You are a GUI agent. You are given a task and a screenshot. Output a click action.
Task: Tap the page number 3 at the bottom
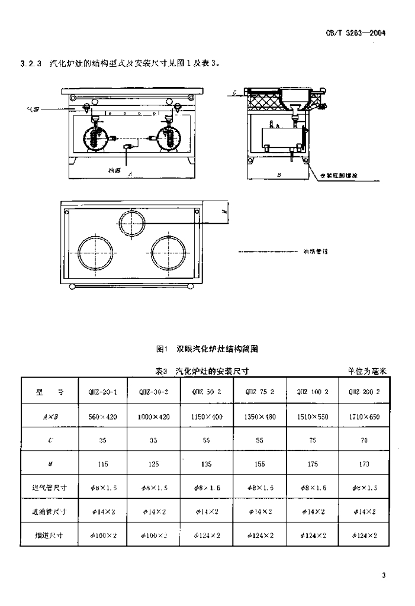click(384, 575)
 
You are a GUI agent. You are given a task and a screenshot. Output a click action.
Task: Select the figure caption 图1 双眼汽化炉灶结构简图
click(207, 349)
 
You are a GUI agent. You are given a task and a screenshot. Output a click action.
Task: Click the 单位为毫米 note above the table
click(367, 371)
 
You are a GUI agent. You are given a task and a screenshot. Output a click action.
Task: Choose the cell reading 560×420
click(103, 416)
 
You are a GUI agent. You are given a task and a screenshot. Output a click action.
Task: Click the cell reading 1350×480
click(259, 416)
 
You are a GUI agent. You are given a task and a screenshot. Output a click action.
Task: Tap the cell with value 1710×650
click(364, 416)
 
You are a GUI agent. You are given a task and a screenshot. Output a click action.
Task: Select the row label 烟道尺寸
click(50, 535)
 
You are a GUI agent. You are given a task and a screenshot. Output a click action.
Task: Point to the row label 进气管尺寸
click(50, 488)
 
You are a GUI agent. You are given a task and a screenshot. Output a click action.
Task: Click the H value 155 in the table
click(259, 465)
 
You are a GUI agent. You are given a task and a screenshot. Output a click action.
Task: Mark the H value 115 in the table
click(103, 465)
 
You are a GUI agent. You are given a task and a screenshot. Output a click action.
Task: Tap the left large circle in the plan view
click(94, 253)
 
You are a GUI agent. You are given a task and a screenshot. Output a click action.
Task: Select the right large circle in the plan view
click(169, 253)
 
